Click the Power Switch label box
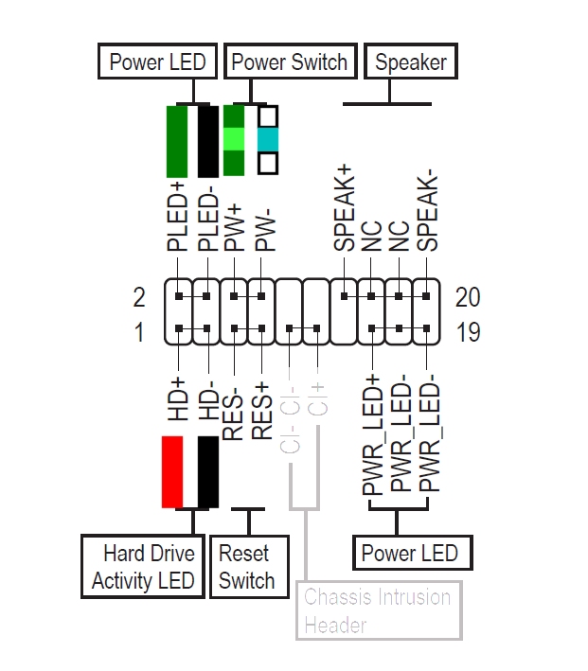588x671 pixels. (x=290, y=62)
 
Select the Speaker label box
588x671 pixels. (x=410, y=62)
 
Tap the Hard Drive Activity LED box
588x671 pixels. (x=143, y=567)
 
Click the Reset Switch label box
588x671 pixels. (x=246, y=567)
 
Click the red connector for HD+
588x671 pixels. (x=172, y=471)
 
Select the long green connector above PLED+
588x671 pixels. (x=177, y=141)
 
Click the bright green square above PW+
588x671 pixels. (x=234, y=140)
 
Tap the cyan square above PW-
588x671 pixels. (x=268, y=140)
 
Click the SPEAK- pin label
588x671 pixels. (x=429, y=211)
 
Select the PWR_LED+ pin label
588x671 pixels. (x=372, y=434)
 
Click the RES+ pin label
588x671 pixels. (x=260, y=410)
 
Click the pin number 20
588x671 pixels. (x=468, y=297)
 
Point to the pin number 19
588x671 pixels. (x=468, y=332)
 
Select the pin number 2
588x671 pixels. (x=139, y=297)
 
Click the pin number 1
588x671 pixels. (x=139, y=332)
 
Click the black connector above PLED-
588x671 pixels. (x=207, y=141)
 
